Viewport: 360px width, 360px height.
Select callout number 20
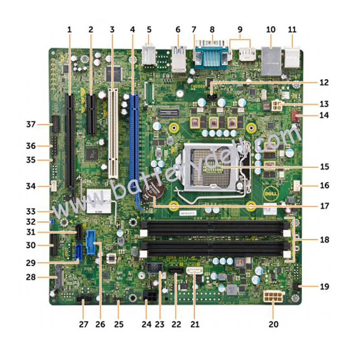(273, 323)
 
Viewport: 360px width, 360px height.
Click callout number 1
(69, 30)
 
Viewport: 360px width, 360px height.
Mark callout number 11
(292, 30)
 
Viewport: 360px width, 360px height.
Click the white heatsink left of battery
(98, 200)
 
